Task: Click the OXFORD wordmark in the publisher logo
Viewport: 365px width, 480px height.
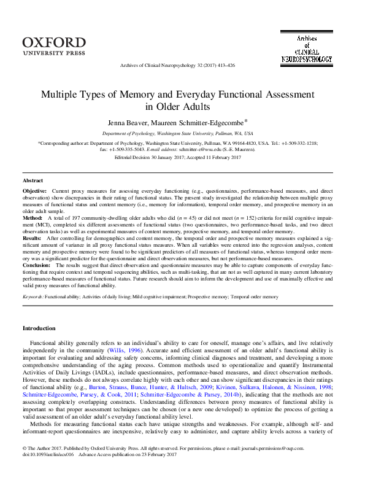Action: pyautogui.click(x=53, y=42)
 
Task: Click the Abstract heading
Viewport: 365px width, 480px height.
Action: pyautogui.click(x=33, y=181)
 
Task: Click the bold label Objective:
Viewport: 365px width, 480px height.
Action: pyautogui.click(x=35, y=192)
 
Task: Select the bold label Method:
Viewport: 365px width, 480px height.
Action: pyautogui.click(x=33, y=218)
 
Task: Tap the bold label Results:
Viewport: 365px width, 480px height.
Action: pyautogui.click(x=33, y=237)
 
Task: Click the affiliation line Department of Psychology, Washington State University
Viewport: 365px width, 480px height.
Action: pyautogui.click(x=177, y=133)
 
